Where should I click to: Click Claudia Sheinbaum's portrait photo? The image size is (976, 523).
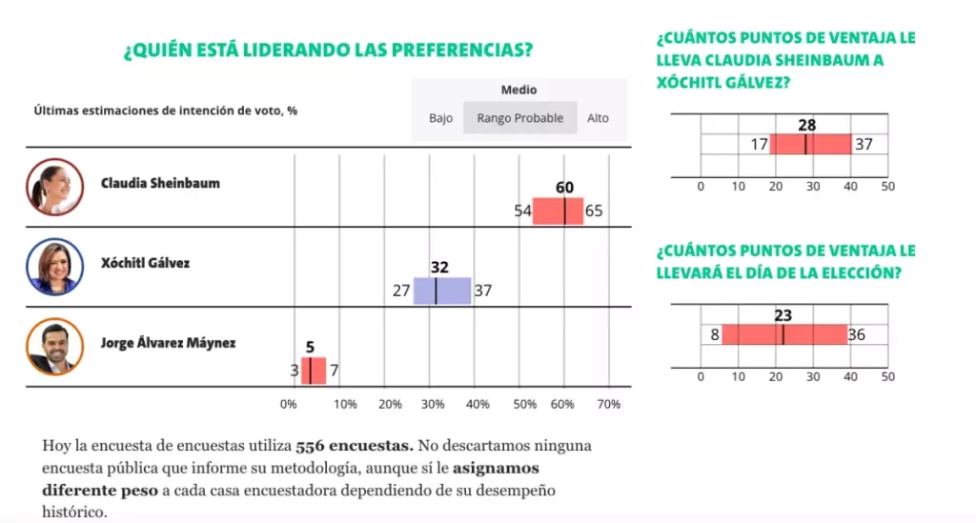point(54,187)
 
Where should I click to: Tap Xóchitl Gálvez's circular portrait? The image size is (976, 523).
point(54,267)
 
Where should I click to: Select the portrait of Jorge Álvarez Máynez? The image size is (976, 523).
point(54,347)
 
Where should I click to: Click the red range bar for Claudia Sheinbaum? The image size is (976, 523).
point(558,211)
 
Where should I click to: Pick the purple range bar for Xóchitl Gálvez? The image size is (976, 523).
point(442,291)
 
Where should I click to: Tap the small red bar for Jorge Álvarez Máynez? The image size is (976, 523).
point(314,371)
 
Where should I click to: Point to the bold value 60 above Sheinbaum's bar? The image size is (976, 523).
point(564,187)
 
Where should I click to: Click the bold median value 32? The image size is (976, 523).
point(439,268)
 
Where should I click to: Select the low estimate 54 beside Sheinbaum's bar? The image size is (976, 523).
point(522,211)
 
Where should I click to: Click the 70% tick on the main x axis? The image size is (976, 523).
point(609,404)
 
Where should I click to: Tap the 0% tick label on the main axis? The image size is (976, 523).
point(288,404)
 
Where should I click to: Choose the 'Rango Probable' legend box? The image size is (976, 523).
point(520,117)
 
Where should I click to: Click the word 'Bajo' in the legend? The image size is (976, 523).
point(440,118)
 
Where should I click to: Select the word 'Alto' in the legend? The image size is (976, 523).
point(598,118)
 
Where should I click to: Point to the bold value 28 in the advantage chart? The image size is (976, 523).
point(806,125)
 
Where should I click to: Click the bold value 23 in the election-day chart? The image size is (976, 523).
point(783,315)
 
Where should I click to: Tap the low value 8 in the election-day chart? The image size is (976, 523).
point(715,334)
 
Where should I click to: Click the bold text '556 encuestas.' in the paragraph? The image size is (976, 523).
point(355,446)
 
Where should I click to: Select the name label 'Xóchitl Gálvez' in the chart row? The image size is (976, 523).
point(145,263)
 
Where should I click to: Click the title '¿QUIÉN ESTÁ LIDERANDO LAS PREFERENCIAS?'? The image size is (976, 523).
point(328,50)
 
